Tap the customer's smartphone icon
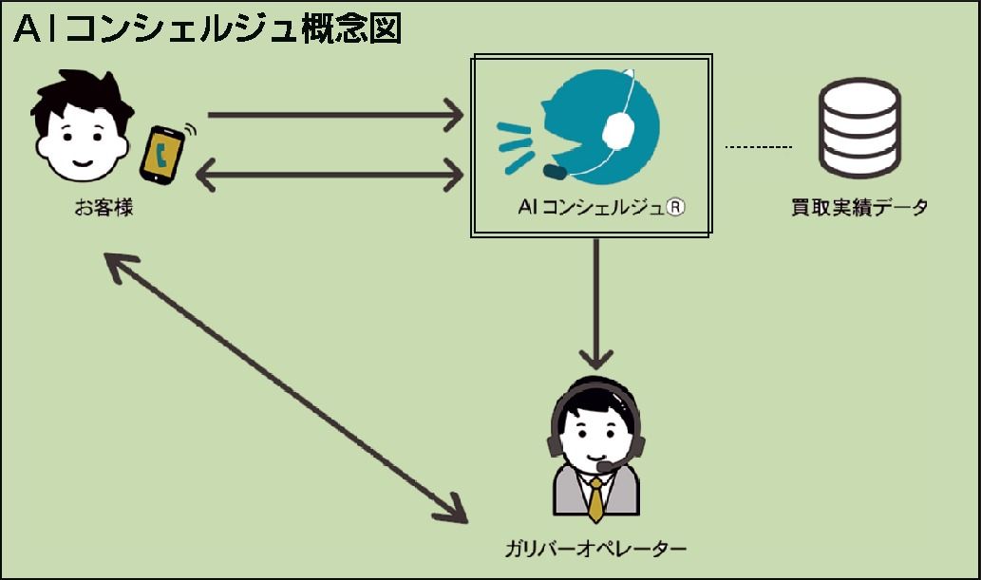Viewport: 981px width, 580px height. (162, 153)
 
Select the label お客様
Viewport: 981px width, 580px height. (104, 207)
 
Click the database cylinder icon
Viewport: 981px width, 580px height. (858, 130)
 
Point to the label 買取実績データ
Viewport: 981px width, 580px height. (858, 207)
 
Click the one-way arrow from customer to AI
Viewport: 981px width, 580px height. (332, 116)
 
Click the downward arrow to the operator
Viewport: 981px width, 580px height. (596, 304)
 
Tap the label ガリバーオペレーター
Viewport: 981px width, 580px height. (595, 550)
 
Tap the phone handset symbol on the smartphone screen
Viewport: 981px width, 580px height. (162, 155)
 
